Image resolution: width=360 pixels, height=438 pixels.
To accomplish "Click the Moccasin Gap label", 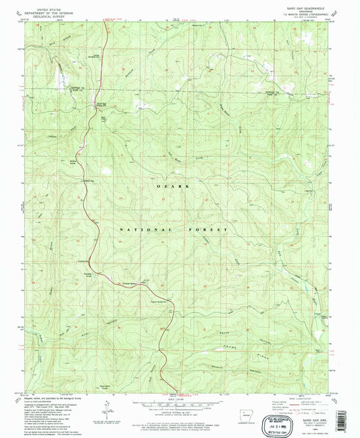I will pos(88,180).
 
